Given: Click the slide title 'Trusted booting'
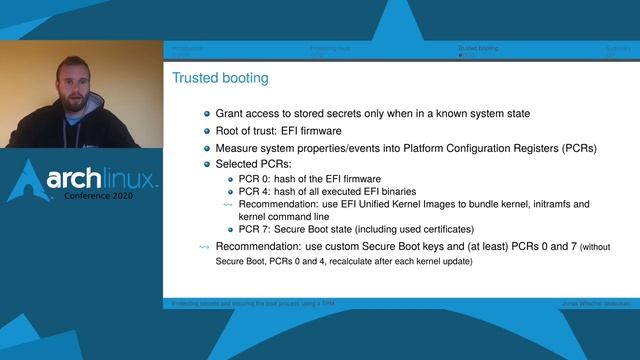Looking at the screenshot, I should [x=220, y=77].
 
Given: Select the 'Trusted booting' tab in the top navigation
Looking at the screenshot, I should [x=477, y=47].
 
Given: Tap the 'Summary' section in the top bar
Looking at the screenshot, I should [x=618, y=47].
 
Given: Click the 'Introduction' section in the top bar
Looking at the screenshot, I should [x=187, y=47].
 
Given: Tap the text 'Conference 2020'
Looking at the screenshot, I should [x=105, y=196].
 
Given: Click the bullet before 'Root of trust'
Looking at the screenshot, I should [x=207, y=131].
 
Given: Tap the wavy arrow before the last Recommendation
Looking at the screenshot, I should [x=205, y=246].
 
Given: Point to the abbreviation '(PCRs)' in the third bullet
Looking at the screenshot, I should [x=574, y=148].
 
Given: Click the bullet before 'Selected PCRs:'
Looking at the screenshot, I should [x=207, y=164].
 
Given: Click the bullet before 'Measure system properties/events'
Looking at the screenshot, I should [x=207, y=148].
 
